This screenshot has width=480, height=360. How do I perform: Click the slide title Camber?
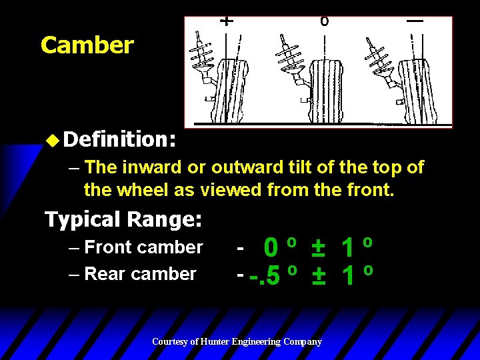[x=87, y=45]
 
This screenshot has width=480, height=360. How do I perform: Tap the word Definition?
[x=119, y=139]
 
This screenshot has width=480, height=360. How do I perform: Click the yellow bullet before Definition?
[x=54, y=139]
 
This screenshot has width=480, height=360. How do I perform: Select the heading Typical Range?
[x=123, y=219]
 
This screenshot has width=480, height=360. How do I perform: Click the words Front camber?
[x=143, y=247]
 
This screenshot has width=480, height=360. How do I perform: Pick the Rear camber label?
[x=140, y=274]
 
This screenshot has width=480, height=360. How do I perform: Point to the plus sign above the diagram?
[x=227, y=21]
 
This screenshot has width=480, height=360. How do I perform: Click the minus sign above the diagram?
[x=415, y=21]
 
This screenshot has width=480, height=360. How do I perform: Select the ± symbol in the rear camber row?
[x=318, y=275]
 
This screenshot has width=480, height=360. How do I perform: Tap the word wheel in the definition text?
[x=143, y=191]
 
